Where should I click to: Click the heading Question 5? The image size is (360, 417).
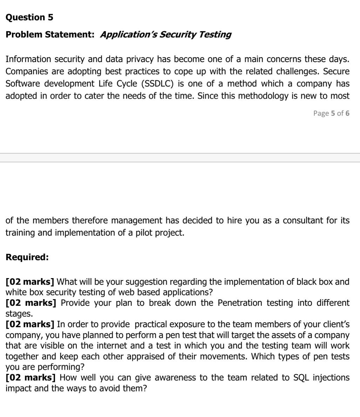(29, 17)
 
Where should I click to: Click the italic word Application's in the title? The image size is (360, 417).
(128, 34)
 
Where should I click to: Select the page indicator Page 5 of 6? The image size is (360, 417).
(331, 113)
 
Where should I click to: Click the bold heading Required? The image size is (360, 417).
(27, 257)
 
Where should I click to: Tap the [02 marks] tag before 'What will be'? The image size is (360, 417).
(30, 282)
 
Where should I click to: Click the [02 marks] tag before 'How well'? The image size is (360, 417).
(30, 377)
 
